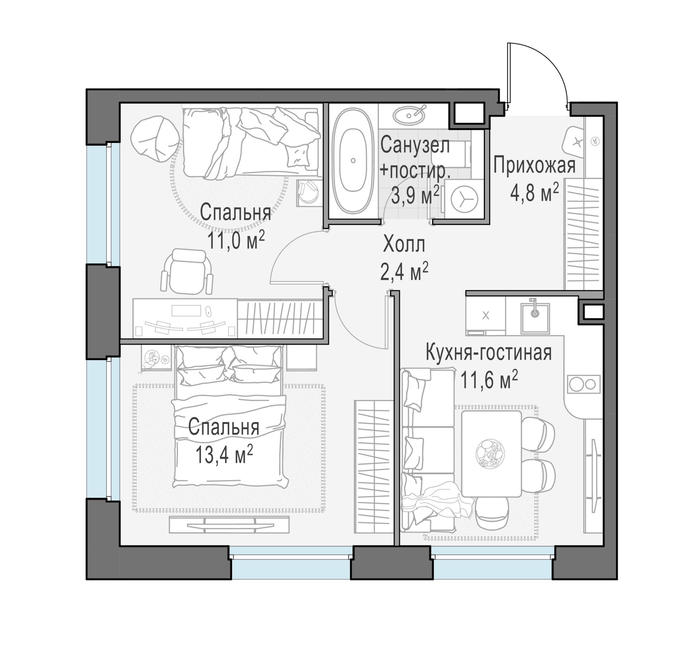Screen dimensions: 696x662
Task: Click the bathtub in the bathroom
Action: pos(353,161)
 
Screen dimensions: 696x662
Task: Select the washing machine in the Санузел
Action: pos(464,199)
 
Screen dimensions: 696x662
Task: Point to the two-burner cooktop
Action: pos(583,384)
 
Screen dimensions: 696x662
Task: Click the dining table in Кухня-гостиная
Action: pos(492,454)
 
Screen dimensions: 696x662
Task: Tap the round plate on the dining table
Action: pos(490,454)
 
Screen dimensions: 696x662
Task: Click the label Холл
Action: pos(404,244)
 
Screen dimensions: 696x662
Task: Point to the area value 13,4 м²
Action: pos(224,454)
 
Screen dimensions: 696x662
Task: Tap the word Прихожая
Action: pos(534,165)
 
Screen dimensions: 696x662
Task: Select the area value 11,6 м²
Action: pos(489,380)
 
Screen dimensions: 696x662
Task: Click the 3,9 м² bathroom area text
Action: pos(415,195)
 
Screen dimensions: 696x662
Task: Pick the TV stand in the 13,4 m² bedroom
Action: pos(229,525)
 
